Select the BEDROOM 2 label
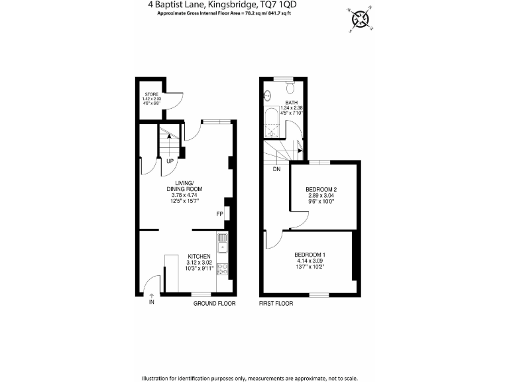tap(321, 190)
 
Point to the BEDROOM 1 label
tap(310, 255)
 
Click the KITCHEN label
tap(199, 256)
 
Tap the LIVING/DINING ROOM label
tap(184, 186)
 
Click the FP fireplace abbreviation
tap(219, 214)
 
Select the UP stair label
tap(170, 161)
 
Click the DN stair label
tap(276, 168)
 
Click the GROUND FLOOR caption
tap(215, 304)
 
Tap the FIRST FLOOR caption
tap(276, 304)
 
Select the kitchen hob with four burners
tap(223, 269)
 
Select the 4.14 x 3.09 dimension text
tap(310, 263)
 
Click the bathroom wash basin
tap(268, 94)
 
